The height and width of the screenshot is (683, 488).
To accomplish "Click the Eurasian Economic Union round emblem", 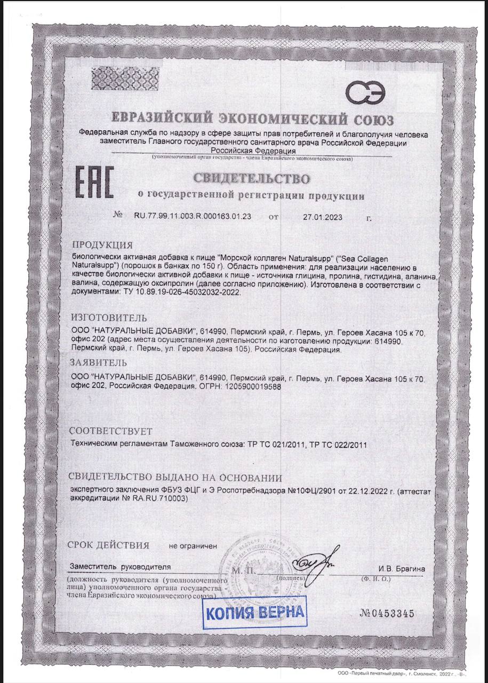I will click(x=365, y=93).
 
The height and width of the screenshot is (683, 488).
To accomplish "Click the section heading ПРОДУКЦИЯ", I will click(x=102, y=245).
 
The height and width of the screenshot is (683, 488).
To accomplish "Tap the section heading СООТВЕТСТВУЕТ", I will click(x=111, y=431).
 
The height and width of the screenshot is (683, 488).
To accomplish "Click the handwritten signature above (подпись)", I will click(x=316, y=560).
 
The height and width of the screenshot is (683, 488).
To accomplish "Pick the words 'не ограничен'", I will click(x=193, y=546).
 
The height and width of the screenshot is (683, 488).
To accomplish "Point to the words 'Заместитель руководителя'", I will click(x=121, y=567).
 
